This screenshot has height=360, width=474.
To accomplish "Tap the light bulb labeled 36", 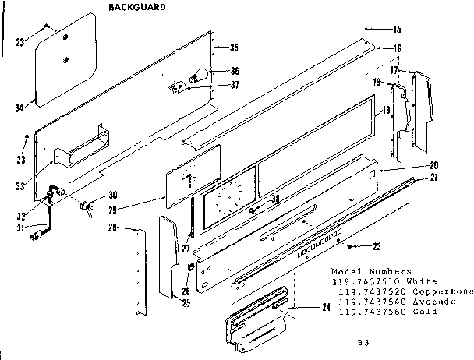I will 198,76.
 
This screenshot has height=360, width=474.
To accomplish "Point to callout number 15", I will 397,30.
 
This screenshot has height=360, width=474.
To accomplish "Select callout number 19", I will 384,112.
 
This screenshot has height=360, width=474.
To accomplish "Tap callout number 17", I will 395,70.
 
